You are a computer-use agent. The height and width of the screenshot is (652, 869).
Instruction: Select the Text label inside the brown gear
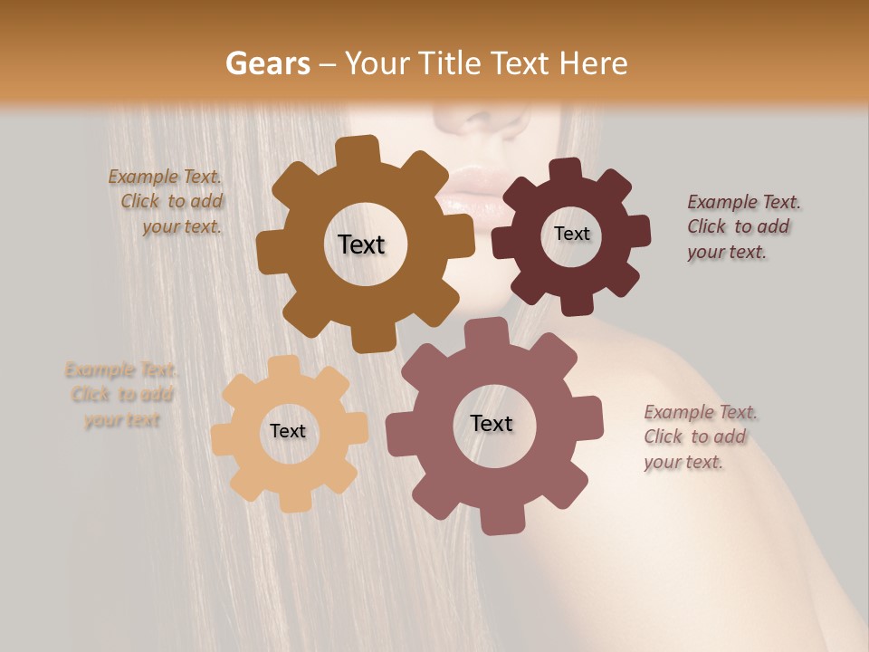(361, 244)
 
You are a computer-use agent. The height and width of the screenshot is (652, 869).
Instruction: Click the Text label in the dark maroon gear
(571, 234)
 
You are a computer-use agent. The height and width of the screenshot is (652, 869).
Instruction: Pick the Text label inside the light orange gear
(288, 431)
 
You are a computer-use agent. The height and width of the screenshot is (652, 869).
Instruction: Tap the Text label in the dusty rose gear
(492, 423)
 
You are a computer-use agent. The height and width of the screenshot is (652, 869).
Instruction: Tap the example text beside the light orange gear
(121, 395)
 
